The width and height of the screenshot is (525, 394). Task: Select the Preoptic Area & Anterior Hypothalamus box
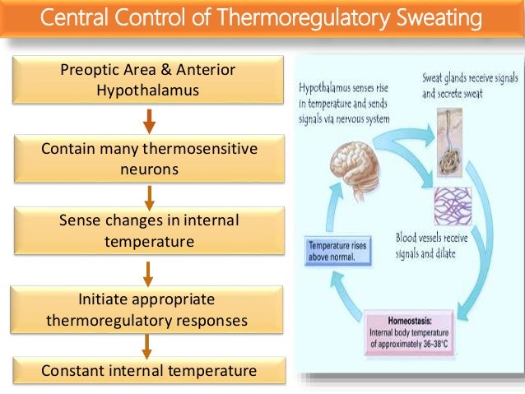click(148, 81)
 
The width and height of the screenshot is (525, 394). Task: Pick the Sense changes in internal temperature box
click(148, 232)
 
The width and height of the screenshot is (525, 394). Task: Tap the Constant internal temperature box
click(148, 371)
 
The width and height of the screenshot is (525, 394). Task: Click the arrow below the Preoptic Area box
click(149, 120)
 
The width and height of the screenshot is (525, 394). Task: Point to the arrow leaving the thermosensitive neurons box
click(149, 196)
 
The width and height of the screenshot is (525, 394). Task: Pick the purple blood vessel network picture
click(453, 206)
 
